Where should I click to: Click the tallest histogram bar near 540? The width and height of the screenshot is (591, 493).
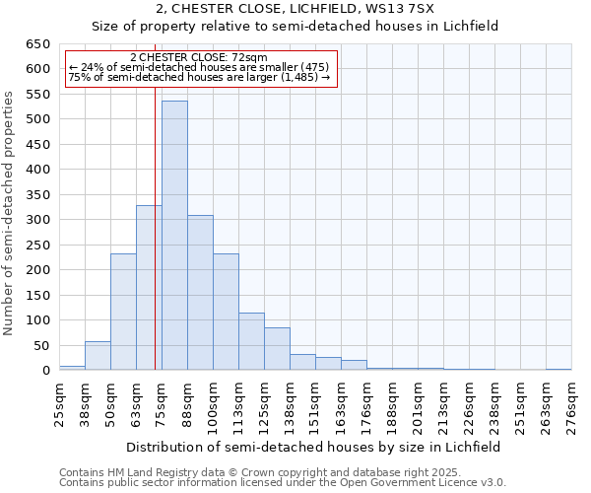pyautogui.click(x=174, y=237)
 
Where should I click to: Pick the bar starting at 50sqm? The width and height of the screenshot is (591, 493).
pyautogui.click(x=123, y=312)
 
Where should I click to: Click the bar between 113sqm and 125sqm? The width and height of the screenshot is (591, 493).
pyautogui.click(x=251, y=341)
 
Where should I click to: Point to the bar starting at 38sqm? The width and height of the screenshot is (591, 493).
pyautogui.click(x=98, y=356)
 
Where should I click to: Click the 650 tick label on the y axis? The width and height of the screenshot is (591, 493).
pyautogui.click(x=37, y=44)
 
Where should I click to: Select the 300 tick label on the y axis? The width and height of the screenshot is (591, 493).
pyautogui.click(x=37, y=220)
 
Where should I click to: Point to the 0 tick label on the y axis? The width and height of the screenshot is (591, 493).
pyautogui.click(x=45, y=371)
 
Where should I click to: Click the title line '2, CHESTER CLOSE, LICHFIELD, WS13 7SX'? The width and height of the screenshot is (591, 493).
pyautogui.click(x=295, y=10)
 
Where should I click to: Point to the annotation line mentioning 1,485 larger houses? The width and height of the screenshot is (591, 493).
pyautogui.click(x=201, y=77)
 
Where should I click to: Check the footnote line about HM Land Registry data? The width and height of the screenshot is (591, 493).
pyautogui.click(x=233, y=472)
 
